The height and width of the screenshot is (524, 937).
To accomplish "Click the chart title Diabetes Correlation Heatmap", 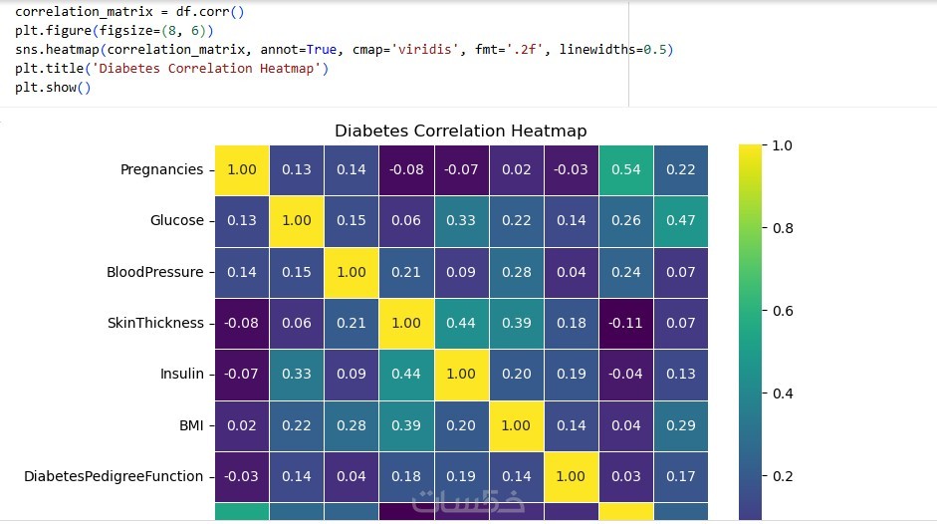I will tap(460, 131).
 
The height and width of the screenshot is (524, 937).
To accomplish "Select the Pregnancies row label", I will tap(161, 169).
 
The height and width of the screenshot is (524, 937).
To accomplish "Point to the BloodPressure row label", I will tap(154, 272).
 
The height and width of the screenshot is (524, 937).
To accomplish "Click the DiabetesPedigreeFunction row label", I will tap(114, 476).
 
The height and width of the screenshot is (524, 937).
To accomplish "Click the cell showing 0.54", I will tap(625, 169).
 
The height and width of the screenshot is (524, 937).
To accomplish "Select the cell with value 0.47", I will tap(680, 220).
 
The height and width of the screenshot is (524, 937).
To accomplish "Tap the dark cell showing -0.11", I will tap(625, 323).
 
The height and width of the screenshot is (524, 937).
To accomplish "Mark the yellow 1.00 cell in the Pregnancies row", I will tap(241, 169).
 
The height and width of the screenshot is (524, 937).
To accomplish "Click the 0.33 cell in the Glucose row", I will tap(461, 220).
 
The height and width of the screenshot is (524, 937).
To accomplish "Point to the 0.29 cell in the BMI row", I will tap(680, 425).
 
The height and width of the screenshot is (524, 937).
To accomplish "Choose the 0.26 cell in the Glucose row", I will tap(625, 220).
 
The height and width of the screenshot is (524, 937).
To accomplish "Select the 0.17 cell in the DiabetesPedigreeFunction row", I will tap(680, 476).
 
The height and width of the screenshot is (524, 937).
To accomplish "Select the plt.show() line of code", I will tap(53, 88).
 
